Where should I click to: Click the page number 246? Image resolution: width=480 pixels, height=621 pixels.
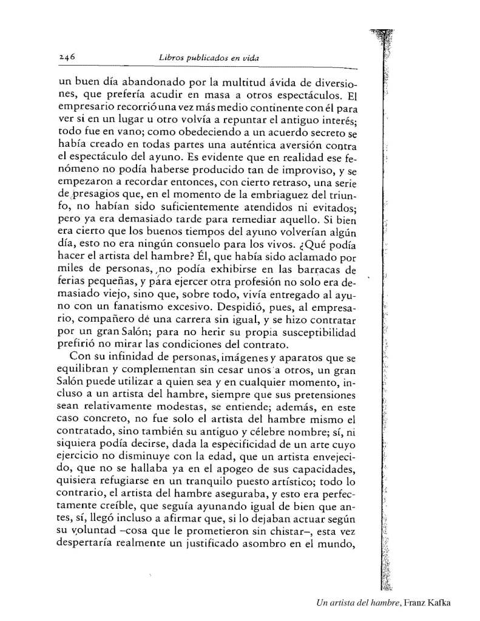(66, 58)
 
